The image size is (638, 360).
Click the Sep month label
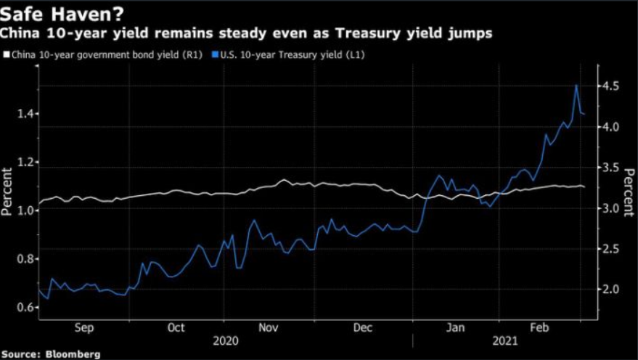point(85,328)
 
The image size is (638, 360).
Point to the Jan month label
point(455,328)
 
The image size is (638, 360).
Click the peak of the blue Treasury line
point(576,85)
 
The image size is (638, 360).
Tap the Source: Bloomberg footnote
point(51,354)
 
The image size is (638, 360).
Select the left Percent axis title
point(7,192)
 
